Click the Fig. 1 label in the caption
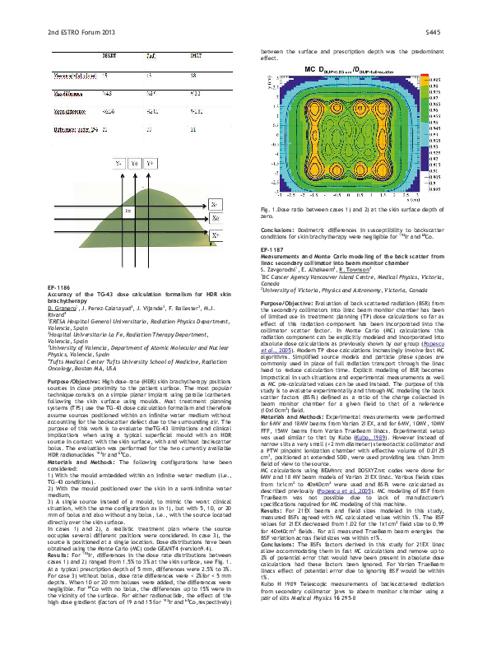click(x=268, y=211)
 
